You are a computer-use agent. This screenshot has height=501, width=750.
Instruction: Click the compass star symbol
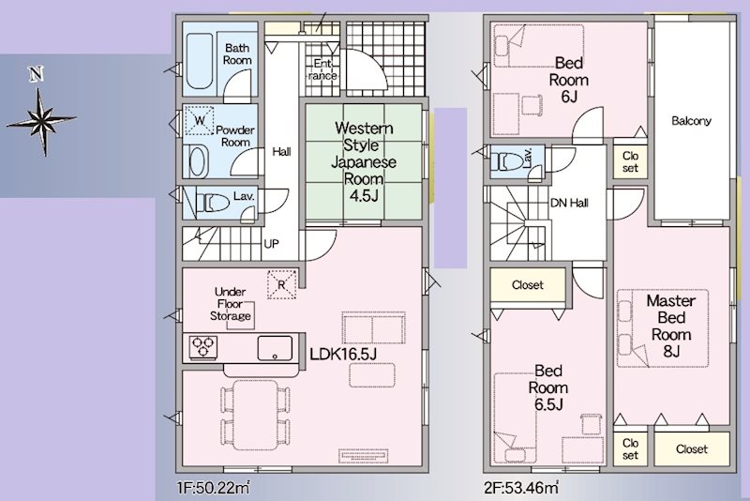pyautogui.click(x=42, y=120)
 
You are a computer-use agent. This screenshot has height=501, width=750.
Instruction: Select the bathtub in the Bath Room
pyautogui.click(x=199, y=61)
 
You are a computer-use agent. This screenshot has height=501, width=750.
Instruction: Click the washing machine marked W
pyautogui.click(x=200, y=121)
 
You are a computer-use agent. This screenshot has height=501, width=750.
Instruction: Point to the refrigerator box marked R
pyautogui.click(x=282, y=284)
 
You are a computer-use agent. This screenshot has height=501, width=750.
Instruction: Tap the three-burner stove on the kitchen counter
pyautogui.click(x=203, y=347)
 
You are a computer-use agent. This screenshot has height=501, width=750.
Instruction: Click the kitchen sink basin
pyautogui.click(x=275, y=348)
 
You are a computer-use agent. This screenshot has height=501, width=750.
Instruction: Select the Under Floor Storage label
pyautogui.click(x=231, y=304)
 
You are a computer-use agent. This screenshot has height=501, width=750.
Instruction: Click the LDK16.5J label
pyautogui.click(x=343, y=354)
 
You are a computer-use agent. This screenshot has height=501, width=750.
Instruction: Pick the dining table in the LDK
pyautogui.click(x=255, y=415)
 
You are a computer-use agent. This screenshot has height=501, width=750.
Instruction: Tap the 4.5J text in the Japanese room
pyautogui.click(x=364, y=196)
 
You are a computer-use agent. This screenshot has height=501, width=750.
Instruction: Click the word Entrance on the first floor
pyautogui.click(x=322, y=69)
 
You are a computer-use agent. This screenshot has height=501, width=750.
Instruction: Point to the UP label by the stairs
pyautogui.click(x=271, y=244)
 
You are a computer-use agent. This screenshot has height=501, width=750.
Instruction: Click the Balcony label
pyautogui.click(x=691, y=121)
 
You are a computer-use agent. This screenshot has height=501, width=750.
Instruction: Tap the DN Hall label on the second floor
pyautogui.click(x=569, y=203)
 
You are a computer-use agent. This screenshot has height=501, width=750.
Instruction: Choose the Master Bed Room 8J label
pyautogui.click(x=671, y=326)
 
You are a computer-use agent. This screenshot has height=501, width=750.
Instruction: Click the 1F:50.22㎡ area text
pyautogui.click(x=214, y=488)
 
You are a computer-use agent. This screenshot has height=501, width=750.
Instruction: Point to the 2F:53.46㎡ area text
pyautogui.click(x=521, y=488)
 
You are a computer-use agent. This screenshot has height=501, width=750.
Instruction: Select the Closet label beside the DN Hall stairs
pyautogui.click(x=528, y=285)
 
